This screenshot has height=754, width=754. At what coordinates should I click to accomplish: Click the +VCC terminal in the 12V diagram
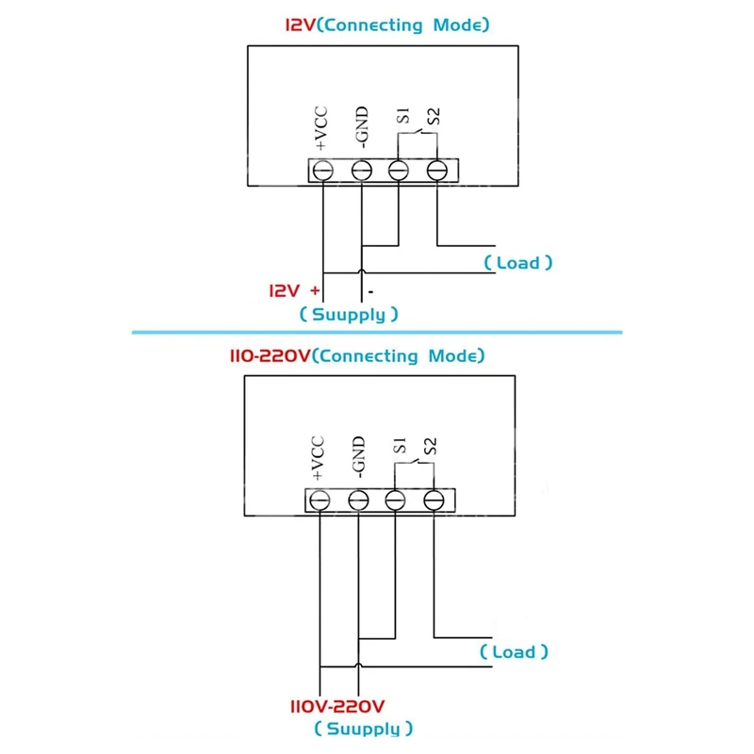[x=322, y=171]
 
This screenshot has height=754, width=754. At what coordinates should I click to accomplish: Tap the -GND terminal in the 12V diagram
[x=361, y=171]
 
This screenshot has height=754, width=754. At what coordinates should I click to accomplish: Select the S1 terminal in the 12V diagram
[x=399, y=171]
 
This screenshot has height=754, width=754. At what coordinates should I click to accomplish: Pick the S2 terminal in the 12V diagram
[x=436, y=171]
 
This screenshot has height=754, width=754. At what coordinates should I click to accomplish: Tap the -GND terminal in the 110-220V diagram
[x=357, y=500]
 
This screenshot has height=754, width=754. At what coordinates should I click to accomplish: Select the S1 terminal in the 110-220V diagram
[x=395, y=500]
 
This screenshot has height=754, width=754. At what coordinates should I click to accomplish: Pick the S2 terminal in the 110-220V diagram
[x=433, y=500]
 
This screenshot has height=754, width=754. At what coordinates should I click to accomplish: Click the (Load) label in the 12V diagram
[x=517, y=263]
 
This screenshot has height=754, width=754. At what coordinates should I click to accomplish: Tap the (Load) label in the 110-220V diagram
[x=514, y=651]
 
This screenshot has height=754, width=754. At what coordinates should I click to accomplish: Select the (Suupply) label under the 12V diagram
[x=348, y=314]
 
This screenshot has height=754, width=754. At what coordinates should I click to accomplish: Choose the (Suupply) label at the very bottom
[x=363, y=729]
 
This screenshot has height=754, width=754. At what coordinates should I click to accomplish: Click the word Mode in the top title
[x=461, y=25]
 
